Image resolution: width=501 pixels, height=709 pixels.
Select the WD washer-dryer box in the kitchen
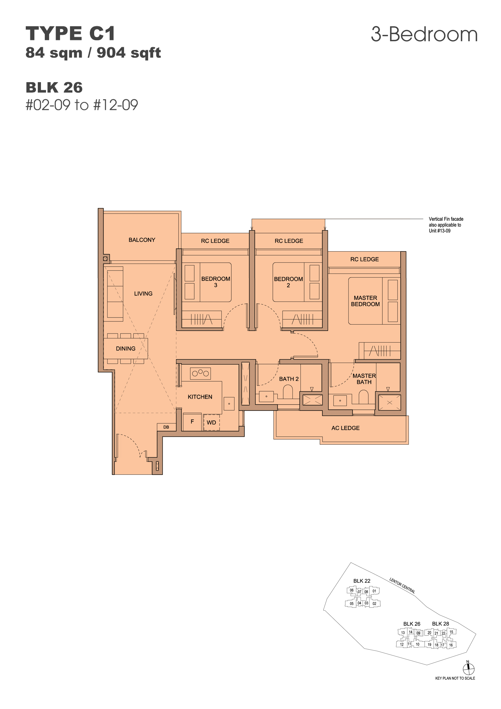212,422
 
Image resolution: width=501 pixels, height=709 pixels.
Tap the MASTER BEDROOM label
365,301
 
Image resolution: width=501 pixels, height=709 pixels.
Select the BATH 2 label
289,379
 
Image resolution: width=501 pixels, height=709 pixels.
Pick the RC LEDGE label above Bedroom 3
215,241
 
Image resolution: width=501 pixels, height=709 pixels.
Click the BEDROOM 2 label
288,282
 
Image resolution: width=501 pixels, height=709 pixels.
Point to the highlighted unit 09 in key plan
418,633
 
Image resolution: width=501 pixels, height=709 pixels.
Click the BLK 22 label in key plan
362,581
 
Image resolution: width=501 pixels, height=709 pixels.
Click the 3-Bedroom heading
424,34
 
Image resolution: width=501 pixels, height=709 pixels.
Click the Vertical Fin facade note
446,225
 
